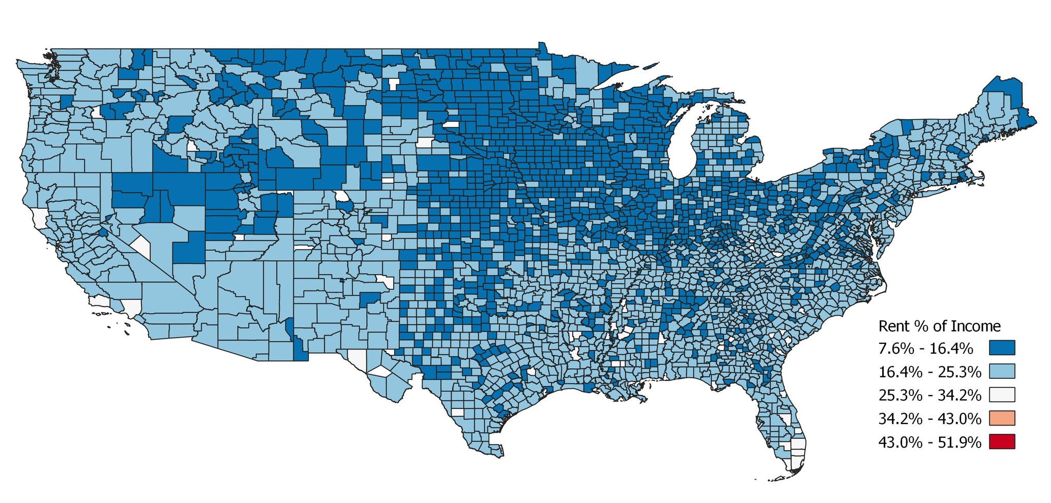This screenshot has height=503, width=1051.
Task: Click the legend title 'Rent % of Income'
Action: (x=939, y=326)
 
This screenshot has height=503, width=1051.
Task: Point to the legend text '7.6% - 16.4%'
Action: (x=926, y=349)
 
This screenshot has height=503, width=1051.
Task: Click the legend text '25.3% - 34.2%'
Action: (x=929, y=395)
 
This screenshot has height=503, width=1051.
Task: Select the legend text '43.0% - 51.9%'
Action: (x=929, y=442)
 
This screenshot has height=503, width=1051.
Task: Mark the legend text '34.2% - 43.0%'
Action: (x=929, y=419)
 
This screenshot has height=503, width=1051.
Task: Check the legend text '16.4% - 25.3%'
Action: (x=929, y=372)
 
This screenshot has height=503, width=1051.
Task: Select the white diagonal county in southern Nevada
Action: (x=142, y=247)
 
